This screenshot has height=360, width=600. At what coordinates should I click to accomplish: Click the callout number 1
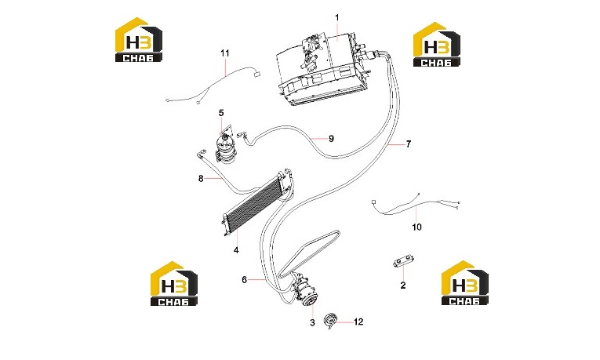[336, 17]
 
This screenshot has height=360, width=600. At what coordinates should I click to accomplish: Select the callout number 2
[402, 285]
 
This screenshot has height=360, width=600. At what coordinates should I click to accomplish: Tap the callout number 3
[312, 322]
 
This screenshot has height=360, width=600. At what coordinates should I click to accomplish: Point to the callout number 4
[236, 250]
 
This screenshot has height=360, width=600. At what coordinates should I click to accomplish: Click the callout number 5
[221, 113]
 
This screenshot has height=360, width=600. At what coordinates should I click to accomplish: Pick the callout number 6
[245, 280]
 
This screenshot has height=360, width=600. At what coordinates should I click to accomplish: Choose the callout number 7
[409, 144]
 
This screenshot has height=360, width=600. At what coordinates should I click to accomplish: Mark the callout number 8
[201, 178]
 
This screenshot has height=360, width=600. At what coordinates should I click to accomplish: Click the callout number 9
[332, 139]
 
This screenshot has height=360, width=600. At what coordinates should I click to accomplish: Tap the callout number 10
[416, 227]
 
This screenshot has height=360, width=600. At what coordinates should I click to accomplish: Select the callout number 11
[225, 53]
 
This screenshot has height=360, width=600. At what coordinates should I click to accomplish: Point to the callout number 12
[358, 322]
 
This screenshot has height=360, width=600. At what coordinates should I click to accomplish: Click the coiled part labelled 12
[331, 320]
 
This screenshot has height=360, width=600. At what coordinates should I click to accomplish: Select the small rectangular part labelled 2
[402, 262]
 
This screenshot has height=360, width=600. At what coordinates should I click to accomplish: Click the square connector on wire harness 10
[373, 202]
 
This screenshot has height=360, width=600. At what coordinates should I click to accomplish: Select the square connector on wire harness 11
[256, 75]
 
